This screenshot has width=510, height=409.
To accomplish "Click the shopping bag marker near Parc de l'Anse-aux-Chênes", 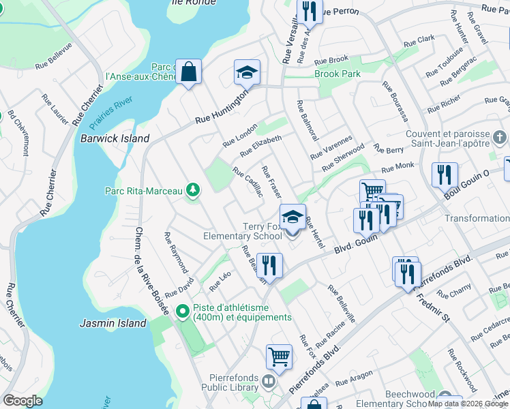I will point(188,72).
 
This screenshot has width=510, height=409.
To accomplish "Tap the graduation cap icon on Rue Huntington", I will point(247,72).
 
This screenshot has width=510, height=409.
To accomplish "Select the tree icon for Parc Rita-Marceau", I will point(193,190).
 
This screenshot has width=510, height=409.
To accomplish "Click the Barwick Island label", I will point(115,138).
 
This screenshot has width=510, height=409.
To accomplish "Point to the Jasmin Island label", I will point(113,323).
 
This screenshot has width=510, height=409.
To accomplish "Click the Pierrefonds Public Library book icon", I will point(269,382).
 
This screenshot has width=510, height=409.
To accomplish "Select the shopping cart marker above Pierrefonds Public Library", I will point(279,356).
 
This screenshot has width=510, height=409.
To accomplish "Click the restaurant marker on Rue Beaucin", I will point(270,266).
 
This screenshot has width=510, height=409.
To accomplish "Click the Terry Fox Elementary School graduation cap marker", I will point(292,217).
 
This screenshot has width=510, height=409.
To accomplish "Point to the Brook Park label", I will point(337,74).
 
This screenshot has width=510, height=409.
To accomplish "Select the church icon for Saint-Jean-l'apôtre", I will point(501,139).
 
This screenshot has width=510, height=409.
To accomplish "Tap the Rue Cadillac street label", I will point(248,182).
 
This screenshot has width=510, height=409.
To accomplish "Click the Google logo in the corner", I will point(22,400).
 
